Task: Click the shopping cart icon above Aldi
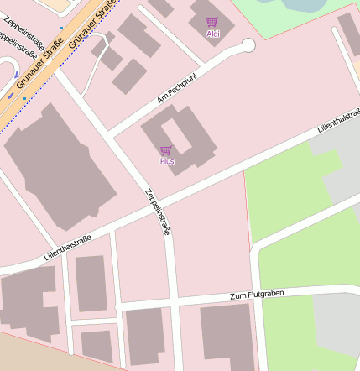tap(211, 23)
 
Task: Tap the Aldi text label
tap(212, 34)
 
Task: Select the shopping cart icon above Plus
tap(166, 150)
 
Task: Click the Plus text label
tap(167, 161)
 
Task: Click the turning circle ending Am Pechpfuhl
tap(248, 44)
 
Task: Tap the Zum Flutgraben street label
tap(257, 295)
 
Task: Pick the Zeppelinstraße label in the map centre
tap(157, 211)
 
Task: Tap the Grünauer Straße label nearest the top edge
tap(94, 21)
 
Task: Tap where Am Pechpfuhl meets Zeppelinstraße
tap(110, 134)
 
